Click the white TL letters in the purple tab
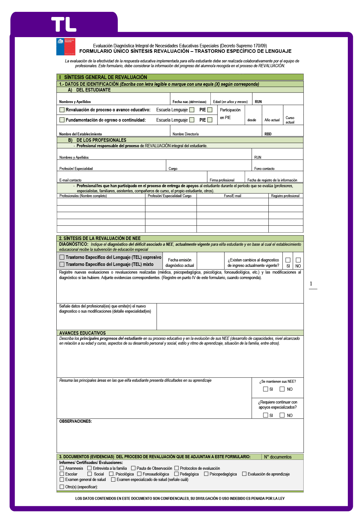(64, 25)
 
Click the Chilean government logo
(66, 47)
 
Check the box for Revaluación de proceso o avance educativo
(62, 110)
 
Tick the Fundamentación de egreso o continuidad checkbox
(62, 120)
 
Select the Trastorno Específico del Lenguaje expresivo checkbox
(62, 257)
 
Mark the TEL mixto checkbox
(62, 264)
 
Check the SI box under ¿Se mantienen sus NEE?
(266, 389)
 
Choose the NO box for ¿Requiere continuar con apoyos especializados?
(282, 415)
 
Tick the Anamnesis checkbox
(62, 468)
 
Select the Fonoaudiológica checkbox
(139, 474)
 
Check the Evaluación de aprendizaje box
(244, 474)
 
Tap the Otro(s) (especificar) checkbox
(62, 487)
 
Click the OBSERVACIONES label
(76, 421)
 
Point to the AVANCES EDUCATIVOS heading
(82, 333)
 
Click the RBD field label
(268, 134)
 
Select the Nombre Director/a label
(185, 134)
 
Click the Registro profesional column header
(285, 196)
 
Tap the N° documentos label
(278, 457)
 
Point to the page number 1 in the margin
(311, 284)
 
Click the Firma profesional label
(222, 180)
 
